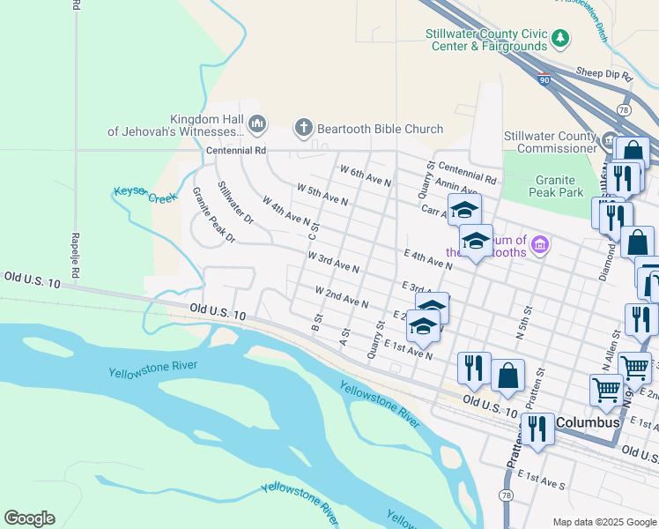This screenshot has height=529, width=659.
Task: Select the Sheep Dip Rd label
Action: [603, 77]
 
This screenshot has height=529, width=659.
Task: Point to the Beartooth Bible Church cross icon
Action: [304, 129]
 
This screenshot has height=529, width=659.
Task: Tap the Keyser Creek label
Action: [145, 194]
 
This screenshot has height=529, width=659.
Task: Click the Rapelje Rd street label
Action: [76, 256]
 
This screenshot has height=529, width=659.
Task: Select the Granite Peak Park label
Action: [559, 186]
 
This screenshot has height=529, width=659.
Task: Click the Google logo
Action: [29, 518]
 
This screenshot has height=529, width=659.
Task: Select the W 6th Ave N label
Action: [365, 175]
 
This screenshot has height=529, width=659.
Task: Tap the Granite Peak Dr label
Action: [215, 214]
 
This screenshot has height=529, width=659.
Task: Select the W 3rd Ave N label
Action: [333, 261]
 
